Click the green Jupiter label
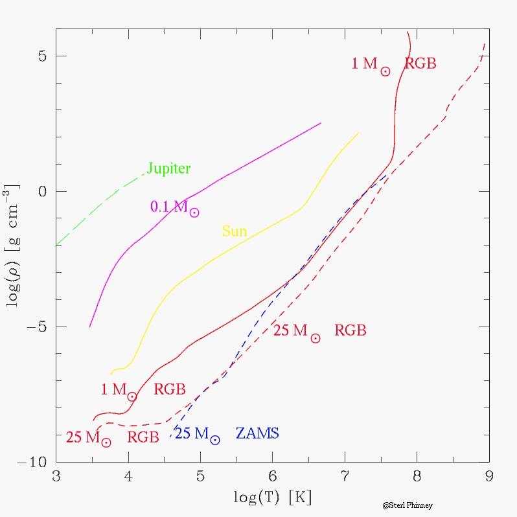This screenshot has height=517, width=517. [168, 169]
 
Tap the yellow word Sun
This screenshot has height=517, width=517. [234, 231]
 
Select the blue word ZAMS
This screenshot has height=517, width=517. [257, 433]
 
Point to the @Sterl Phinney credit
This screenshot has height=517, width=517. [407, 505]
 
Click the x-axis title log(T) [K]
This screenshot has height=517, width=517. [273, 497]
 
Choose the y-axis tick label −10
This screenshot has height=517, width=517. [30, 462]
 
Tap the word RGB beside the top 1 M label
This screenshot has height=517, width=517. [420, 63]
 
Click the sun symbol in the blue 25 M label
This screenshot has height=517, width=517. [215, 440]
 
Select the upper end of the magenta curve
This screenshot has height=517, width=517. [321, 122]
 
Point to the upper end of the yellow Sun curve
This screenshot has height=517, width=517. [358, 133]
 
